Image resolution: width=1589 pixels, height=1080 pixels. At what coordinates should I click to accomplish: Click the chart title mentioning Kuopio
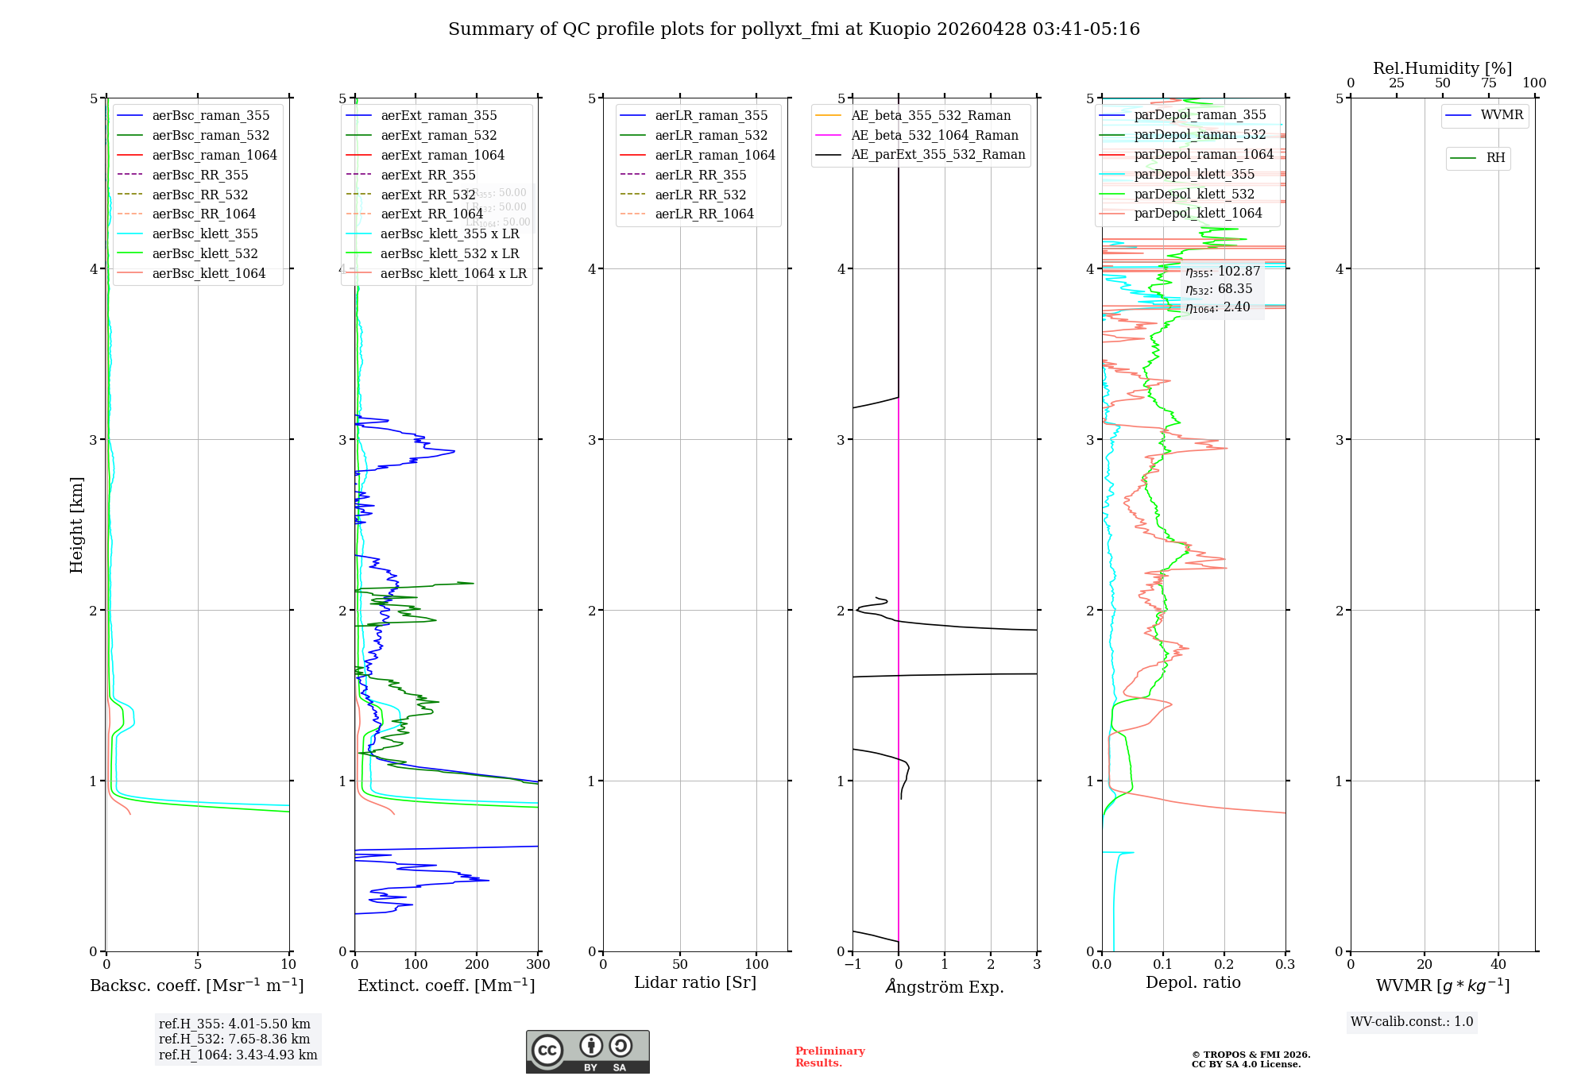(x=794, y=29)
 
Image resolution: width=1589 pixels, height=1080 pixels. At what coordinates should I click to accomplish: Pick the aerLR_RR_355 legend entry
(x=700, y=175)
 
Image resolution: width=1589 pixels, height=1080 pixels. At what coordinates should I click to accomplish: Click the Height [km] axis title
(x=76, y=524)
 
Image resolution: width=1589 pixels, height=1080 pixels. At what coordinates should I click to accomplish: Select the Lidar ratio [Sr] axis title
(x=695, y=983)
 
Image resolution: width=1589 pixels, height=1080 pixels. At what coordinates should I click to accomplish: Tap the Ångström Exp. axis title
(x=945, y=986)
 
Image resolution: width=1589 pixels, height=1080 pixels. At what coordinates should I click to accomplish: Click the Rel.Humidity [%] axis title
(x=1442, y=68)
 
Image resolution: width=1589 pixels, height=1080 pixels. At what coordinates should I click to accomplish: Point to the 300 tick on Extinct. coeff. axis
(x=538, y=965)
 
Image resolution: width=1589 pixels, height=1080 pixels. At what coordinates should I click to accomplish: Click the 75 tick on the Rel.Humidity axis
(x=1488, y=83)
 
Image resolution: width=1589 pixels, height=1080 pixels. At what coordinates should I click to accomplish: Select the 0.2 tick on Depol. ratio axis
(x=1224, y=965)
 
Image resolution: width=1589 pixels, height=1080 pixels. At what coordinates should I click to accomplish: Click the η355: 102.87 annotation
(x=1222, y=272)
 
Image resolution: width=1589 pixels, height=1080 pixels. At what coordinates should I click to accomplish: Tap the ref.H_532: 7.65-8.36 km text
(x=234, y=1039)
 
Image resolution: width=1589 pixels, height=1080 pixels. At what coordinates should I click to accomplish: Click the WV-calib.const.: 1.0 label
(x=1412, y=1022)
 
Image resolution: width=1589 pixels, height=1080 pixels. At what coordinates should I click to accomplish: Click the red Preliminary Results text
(x=829, y=1057)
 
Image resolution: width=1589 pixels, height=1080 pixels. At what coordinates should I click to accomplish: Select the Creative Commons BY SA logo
(x=587, y=1052)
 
